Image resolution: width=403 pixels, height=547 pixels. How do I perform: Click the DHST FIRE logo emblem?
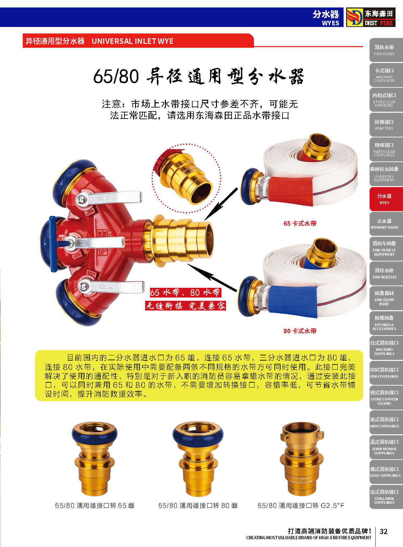354,17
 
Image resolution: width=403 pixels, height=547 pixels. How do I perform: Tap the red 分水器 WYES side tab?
386,199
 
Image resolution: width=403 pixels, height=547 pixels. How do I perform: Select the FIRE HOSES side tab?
386,50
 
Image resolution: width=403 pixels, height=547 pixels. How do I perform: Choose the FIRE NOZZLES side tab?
386,273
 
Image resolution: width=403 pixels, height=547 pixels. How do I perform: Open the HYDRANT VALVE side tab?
386,224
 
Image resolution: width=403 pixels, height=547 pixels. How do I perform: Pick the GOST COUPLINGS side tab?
386,472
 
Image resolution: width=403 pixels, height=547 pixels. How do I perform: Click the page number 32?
384,531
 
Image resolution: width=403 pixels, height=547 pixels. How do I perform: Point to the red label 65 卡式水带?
300,223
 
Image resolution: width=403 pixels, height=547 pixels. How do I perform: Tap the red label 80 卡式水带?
300,331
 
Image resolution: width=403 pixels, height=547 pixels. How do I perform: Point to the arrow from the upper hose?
221,204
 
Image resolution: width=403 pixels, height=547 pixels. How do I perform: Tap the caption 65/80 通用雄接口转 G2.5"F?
301,505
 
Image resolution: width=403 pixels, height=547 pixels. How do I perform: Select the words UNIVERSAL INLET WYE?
132,41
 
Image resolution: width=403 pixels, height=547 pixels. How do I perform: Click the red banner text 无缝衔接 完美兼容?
186,305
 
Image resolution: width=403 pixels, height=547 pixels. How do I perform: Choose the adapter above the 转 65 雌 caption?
94,459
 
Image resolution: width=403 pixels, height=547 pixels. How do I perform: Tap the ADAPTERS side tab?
386,124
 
